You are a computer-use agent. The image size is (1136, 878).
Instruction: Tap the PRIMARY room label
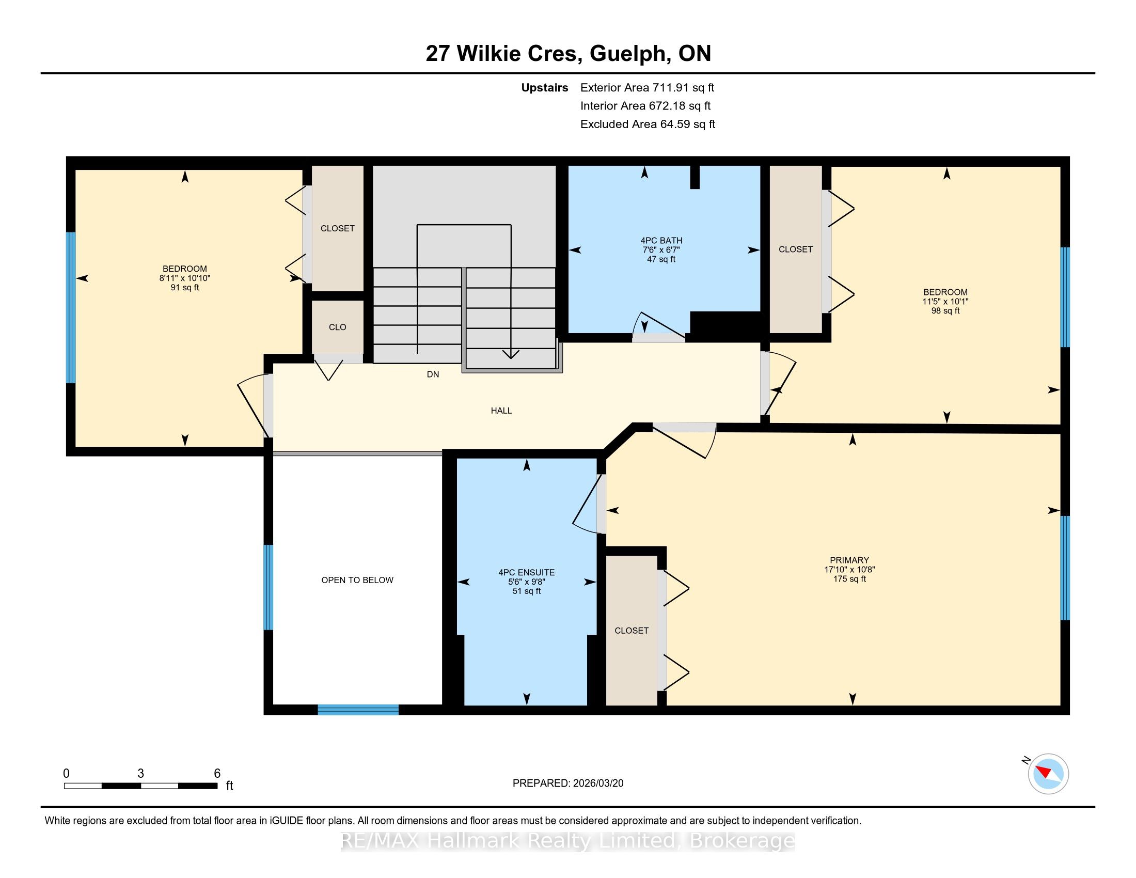849,560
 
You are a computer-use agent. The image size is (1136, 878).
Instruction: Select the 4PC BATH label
661,240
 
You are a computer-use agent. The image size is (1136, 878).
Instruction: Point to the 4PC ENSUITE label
526,572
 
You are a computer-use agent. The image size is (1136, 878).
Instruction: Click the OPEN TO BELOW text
357,580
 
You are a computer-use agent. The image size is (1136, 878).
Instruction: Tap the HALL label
501,411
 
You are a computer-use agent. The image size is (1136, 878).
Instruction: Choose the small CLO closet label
338,327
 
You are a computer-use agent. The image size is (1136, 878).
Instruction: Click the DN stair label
433,374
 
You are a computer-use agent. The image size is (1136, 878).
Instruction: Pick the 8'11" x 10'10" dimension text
185,278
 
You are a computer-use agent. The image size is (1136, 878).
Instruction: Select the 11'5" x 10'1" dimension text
945,302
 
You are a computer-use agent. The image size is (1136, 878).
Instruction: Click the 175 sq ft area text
849,578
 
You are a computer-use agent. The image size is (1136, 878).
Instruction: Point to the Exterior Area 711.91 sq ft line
648,88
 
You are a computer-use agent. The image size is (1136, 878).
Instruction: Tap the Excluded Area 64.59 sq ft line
648,124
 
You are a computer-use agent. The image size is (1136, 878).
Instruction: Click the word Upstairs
545,88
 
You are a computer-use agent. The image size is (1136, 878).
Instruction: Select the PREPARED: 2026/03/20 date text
568,783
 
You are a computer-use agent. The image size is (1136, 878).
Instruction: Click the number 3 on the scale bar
140,774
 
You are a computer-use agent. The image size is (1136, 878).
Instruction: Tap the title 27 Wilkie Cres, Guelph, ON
568,53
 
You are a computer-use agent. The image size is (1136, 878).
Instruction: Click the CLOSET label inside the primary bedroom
632,631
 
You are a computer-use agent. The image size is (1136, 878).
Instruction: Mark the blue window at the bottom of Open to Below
358,710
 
